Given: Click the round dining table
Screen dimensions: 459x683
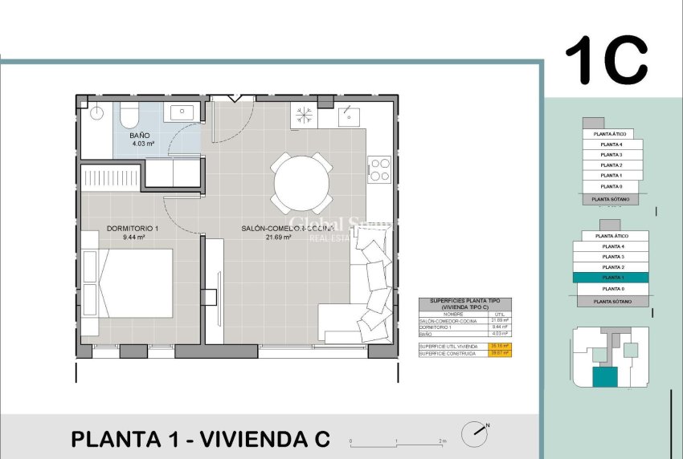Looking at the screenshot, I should pos(301,182).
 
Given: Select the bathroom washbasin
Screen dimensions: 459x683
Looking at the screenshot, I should pos(182,112).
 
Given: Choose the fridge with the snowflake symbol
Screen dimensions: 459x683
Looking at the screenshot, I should pos(305,114).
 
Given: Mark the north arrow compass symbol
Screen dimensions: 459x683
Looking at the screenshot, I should pos(475,434).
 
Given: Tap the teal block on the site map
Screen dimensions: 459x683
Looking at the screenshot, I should pos(604,377).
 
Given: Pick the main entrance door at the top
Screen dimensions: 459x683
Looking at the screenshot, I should pos(232,99).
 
